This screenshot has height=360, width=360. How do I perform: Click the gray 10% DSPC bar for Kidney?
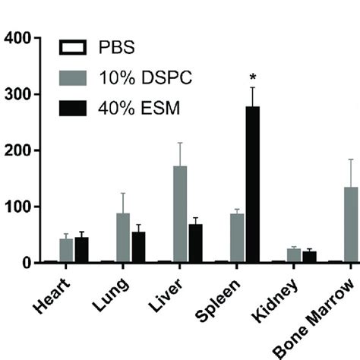click(x=294, y=255)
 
